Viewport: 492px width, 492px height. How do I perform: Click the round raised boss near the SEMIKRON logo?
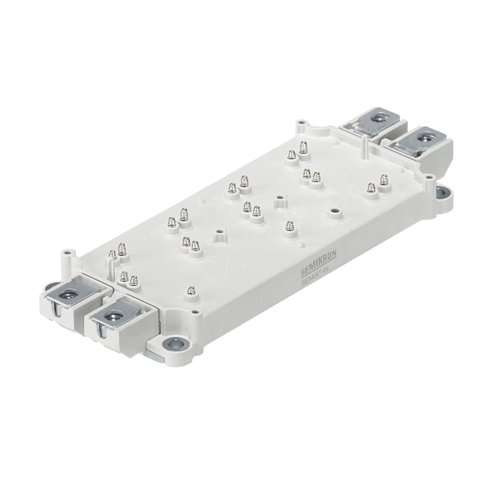[334, 213]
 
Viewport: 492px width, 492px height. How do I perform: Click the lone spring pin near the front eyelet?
[192, 291]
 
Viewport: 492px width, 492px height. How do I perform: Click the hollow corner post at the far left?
[68, 257]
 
